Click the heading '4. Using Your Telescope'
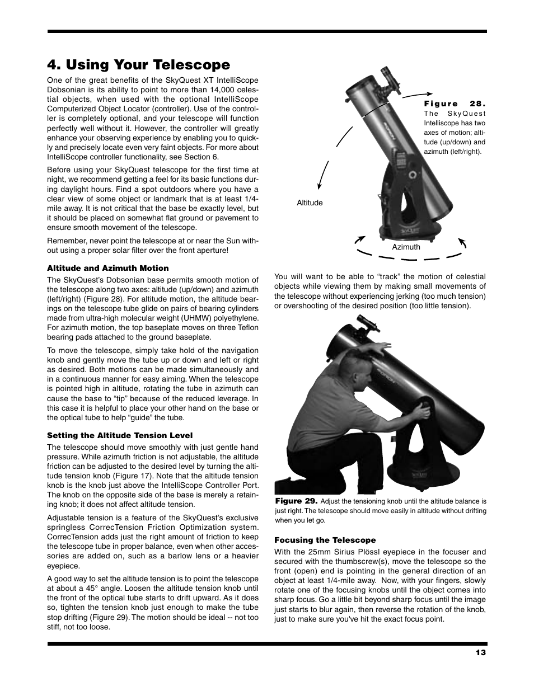pos(138,65)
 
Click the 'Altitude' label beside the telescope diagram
pos(310,203)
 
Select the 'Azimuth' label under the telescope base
pos(406,247)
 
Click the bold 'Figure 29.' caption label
pos(296,501)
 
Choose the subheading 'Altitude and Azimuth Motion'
pos(107,268)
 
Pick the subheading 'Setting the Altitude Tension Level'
pos(119,435)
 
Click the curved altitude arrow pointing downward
pos(321,179)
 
